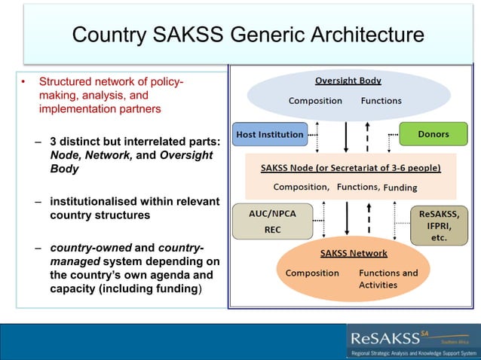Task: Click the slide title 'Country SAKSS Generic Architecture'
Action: [x=247, y=35]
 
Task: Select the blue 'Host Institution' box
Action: [x=270, y=135]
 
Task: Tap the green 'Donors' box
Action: [x=433, y=134]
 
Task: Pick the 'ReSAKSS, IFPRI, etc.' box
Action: [x=438, y=225]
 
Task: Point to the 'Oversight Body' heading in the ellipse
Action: [x=348, y=81]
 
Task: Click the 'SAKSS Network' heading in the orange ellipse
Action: [x=354, y=253]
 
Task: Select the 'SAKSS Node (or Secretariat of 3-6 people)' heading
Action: [x=351, y=167]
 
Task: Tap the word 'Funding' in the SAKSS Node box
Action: [x=400, y=188]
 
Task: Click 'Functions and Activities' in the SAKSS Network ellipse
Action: [x=388, y=279]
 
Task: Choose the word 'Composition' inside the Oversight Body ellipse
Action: [x=315, y=101]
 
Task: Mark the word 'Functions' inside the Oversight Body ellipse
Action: [x=381, y=101]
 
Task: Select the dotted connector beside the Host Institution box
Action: [x=313, y=136]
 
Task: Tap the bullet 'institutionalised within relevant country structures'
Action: [x=134, y=208]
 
